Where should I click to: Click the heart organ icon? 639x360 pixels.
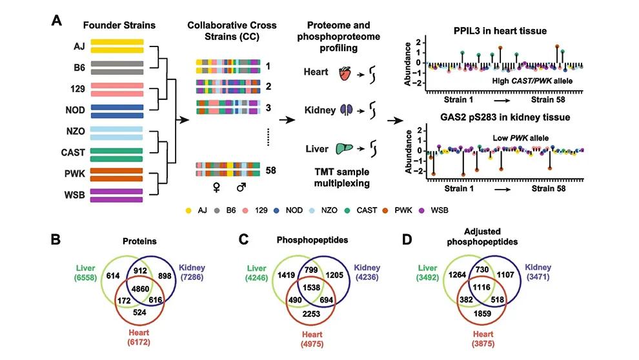click(345, 74)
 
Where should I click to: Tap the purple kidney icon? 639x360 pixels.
click(347, 110)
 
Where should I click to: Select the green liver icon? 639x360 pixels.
click(345, 148)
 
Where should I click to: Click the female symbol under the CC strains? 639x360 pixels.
click(217, 187)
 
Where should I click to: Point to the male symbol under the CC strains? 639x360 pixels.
click(241, 187)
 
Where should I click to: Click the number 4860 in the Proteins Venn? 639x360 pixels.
click(140, 289)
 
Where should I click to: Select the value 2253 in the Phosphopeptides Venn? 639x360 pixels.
click(311, 314)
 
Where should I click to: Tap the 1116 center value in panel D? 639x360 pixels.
click(482, 287)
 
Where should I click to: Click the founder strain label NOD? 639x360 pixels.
click(75, 110)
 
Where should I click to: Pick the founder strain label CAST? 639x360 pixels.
click(73, 152)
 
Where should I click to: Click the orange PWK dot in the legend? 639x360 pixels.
click(385, 210)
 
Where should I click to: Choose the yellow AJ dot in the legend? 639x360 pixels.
click(188, 210)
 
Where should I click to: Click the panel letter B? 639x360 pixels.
click(56, 239)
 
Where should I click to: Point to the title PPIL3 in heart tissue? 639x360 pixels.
click(500, 31)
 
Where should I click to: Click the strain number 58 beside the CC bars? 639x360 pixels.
click(270, 170)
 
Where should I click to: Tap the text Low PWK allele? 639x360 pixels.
click(520, 138)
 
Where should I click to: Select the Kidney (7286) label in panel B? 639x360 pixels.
click(192, 272)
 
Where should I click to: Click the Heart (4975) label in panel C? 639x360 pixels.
click(312, 339)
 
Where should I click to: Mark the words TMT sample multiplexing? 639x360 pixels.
click(341, 177)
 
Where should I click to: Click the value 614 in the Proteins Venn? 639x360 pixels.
click(113, 275)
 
